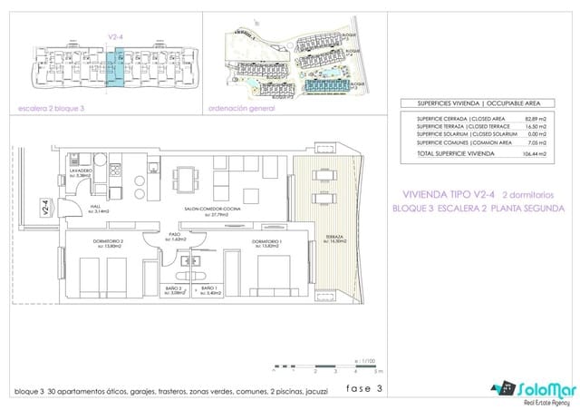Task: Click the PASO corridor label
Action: coord(175,237)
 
